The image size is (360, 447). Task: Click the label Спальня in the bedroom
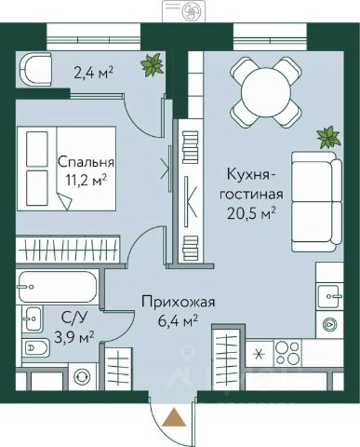pyautogui.click(x=86, y=162)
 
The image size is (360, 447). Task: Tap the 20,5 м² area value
pyautogui.click(x=251, y=213)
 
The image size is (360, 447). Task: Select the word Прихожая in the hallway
pyautogui.click(x=179, y=302)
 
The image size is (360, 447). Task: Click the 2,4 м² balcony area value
pyautogui.click(x=93, y=74)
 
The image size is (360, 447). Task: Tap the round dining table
pyautogui.click(x=266, y=93)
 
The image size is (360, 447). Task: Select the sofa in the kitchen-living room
pyautogui.click(x=316, y=201)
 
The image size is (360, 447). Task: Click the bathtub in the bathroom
pyautogui.click(x=58, y=287)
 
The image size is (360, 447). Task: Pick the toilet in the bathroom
pyautogui.click(x=35, y=347)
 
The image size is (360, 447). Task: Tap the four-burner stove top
pyautogui.click(x=287, y=352)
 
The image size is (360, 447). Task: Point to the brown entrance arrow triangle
pyautogui.click(x=174, y=416)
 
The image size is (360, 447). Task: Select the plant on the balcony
pyautogui.click(x=152, y=64)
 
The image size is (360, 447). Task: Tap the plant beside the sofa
pyautogui.click(x=328, y=137)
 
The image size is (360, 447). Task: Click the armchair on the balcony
pyautogui.click(x=35, y=70)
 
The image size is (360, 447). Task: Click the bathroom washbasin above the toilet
pyautogui.click(x=32, y=319)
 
